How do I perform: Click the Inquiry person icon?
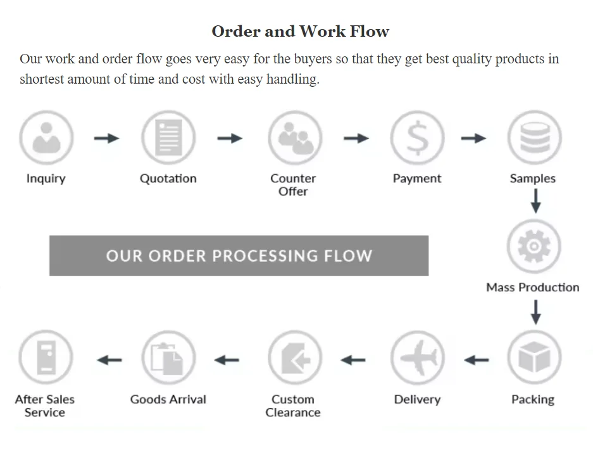[46, 137]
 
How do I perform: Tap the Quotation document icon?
[168, 137]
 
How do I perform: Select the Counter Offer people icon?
[294, 137]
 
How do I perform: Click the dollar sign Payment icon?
[417, 137]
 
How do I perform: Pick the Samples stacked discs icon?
[534, 137]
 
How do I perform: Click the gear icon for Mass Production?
[534, 246]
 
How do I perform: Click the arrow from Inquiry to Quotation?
[106, 138]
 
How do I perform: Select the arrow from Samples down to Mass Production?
[535, 201]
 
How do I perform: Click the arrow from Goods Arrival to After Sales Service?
[109, 360]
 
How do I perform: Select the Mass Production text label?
[532, 287]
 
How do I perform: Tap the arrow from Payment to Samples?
[473, 138]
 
